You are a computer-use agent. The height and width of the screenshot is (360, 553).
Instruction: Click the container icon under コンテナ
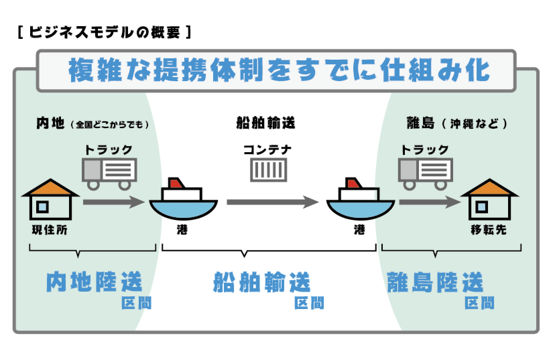coord(268,170)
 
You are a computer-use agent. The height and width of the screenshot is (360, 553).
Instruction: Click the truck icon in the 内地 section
coord(109,173)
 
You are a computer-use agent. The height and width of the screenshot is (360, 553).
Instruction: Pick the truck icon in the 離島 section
coord(425,173)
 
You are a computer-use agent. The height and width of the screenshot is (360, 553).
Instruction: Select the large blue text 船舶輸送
coord(262,283)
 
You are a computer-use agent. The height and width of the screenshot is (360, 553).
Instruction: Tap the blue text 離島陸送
coord(435,283)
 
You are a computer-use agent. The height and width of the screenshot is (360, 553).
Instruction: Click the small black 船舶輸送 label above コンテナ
coord(265,123)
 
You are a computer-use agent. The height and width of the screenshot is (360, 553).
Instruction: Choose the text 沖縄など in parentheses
coord(474,124)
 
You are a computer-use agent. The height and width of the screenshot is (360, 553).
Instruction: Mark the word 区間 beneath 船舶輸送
coord(309,303)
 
